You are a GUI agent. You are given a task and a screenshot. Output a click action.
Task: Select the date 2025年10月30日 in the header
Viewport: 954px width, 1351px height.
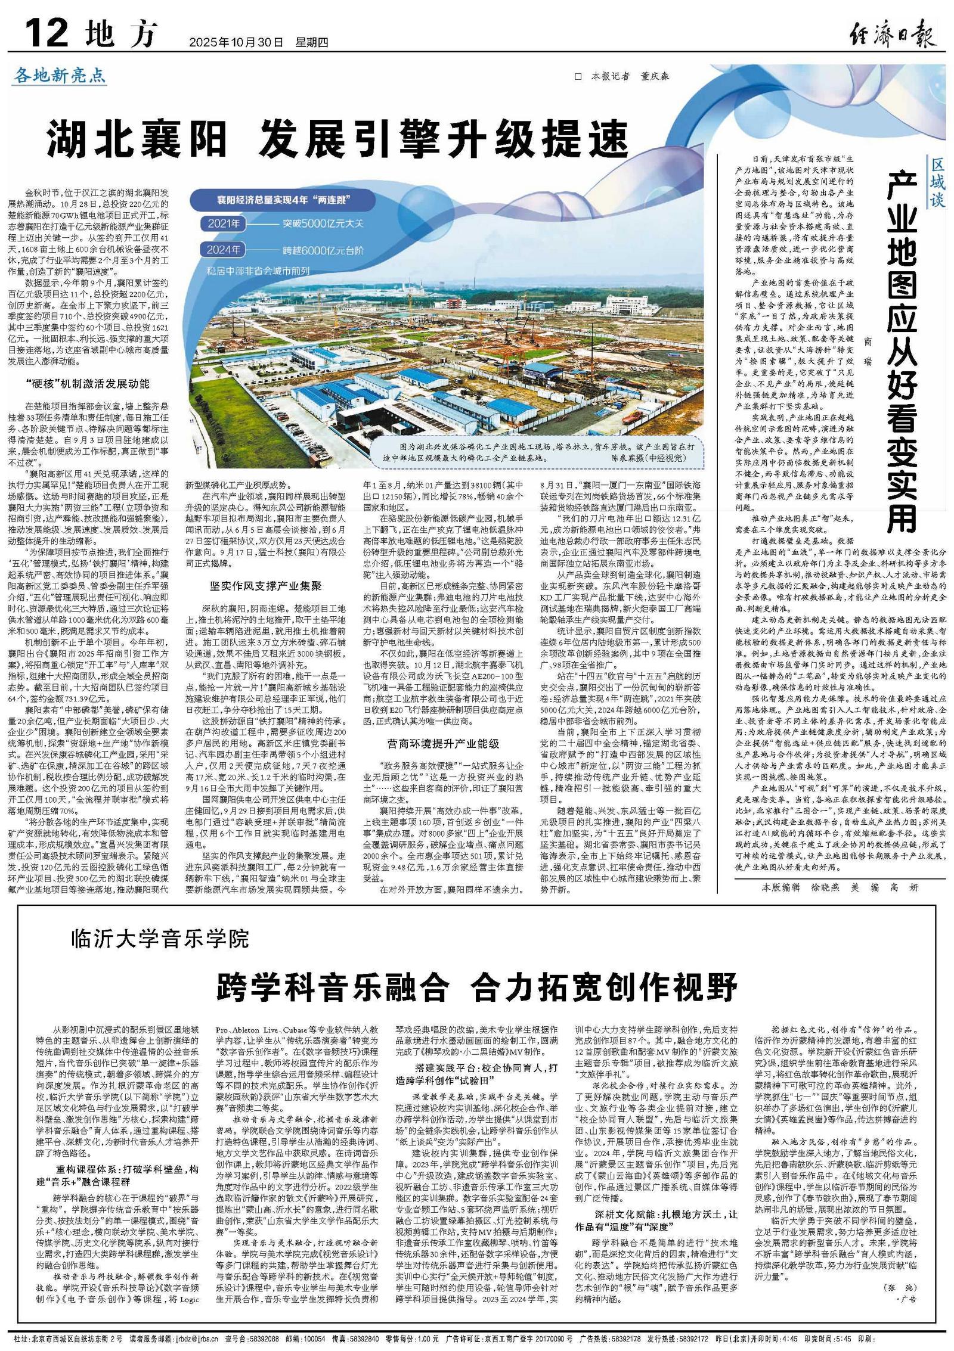point(236,42)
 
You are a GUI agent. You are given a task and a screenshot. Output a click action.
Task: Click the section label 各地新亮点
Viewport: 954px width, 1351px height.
point(60,76)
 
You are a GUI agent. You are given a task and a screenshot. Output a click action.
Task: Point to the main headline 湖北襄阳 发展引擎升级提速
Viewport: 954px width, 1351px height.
point(339,138)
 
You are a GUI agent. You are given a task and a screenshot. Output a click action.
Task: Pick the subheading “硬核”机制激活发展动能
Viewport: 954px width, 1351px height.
point(88,383)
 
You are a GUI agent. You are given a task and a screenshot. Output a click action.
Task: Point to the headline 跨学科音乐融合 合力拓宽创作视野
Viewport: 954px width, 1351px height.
point(477,992)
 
